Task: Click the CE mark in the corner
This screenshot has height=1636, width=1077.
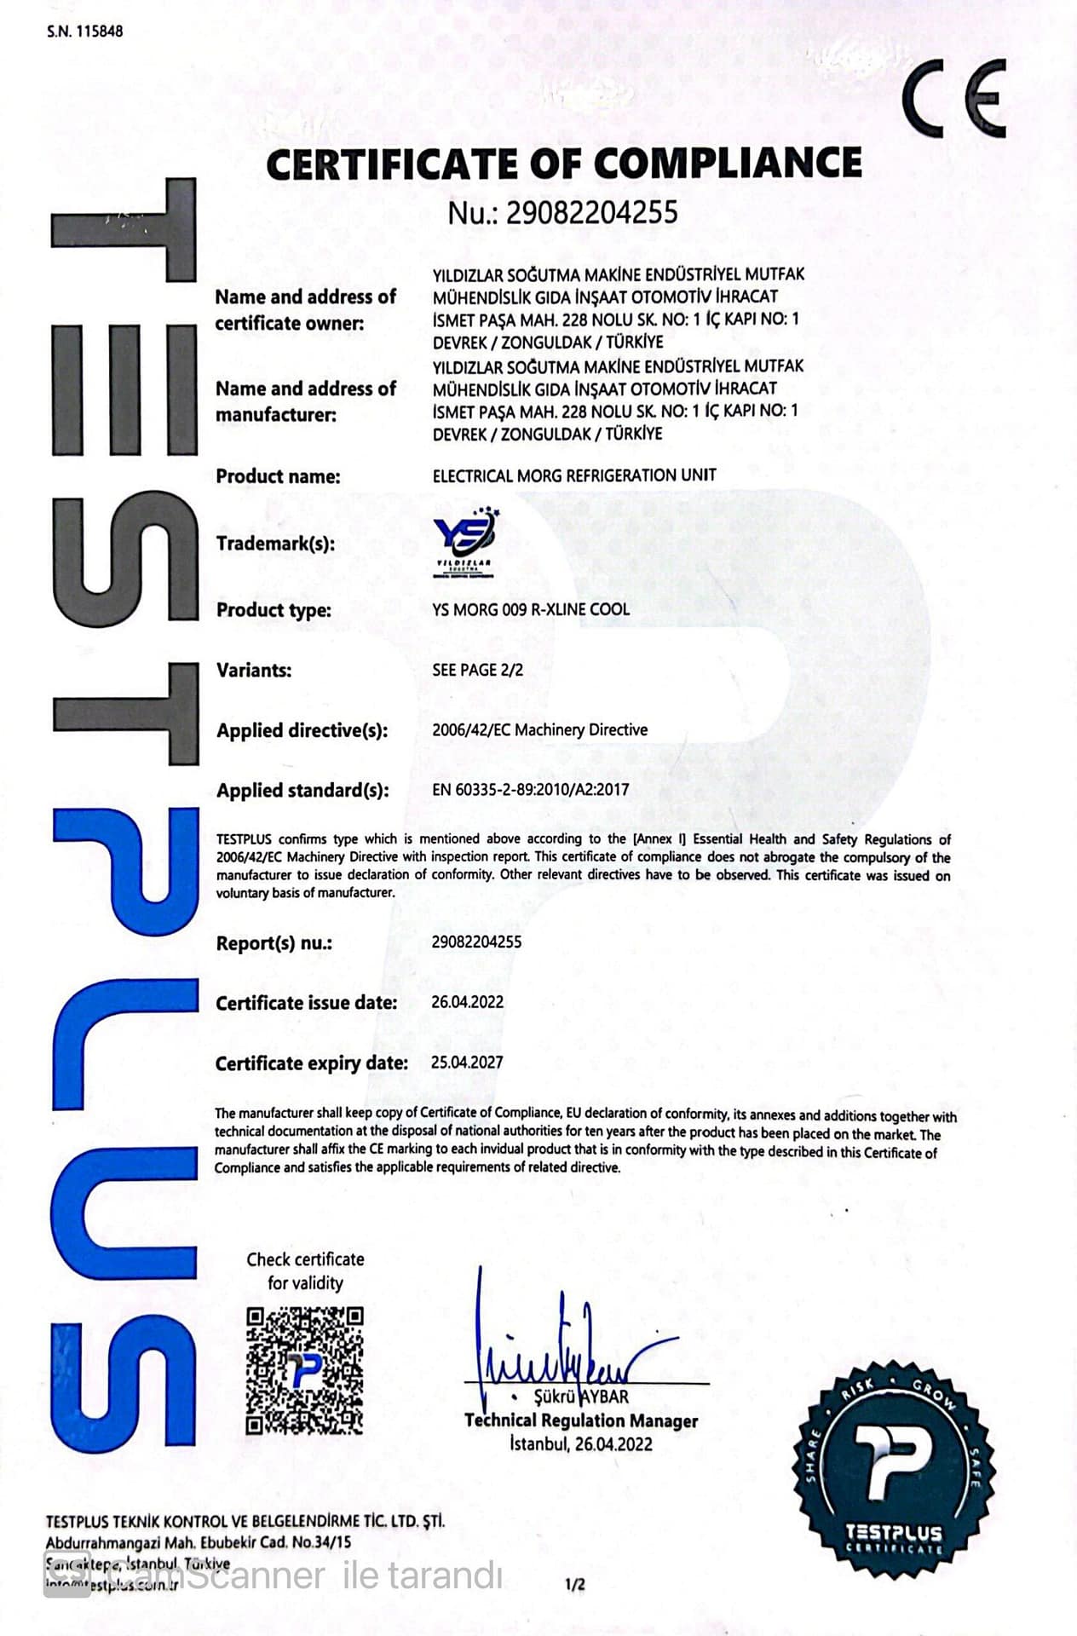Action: [954, 98]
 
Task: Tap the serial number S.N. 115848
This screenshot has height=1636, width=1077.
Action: [84, 32]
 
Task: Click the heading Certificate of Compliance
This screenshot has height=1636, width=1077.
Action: [563, 163]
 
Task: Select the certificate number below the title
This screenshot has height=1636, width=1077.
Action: [563, 212]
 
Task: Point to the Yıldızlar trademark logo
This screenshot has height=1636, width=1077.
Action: [465, 543]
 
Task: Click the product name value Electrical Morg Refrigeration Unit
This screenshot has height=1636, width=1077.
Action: [574, 475]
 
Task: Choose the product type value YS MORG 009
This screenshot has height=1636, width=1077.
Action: [531, 609]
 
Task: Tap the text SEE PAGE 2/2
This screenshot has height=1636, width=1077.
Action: [477, 670]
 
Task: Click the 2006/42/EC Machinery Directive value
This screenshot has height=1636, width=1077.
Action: [539, 729]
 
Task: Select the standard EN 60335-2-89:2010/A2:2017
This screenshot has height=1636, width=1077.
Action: [530, 789]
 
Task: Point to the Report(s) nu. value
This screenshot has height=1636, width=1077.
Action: [476, 942]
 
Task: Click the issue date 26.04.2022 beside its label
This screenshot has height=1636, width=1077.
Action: [467, 1002]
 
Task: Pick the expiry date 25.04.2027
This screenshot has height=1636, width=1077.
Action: [467, 1063]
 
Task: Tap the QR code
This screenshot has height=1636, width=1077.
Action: [305, 1370]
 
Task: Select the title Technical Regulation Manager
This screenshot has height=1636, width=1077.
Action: [581, 1420]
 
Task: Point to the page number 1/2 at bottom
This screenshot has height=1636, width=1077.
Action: [575, 1585]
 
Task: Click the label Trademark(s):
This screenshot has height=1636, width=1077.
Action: [275, 543]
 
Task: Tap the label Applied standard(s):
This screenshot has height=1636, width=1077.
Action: [302, 790]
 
